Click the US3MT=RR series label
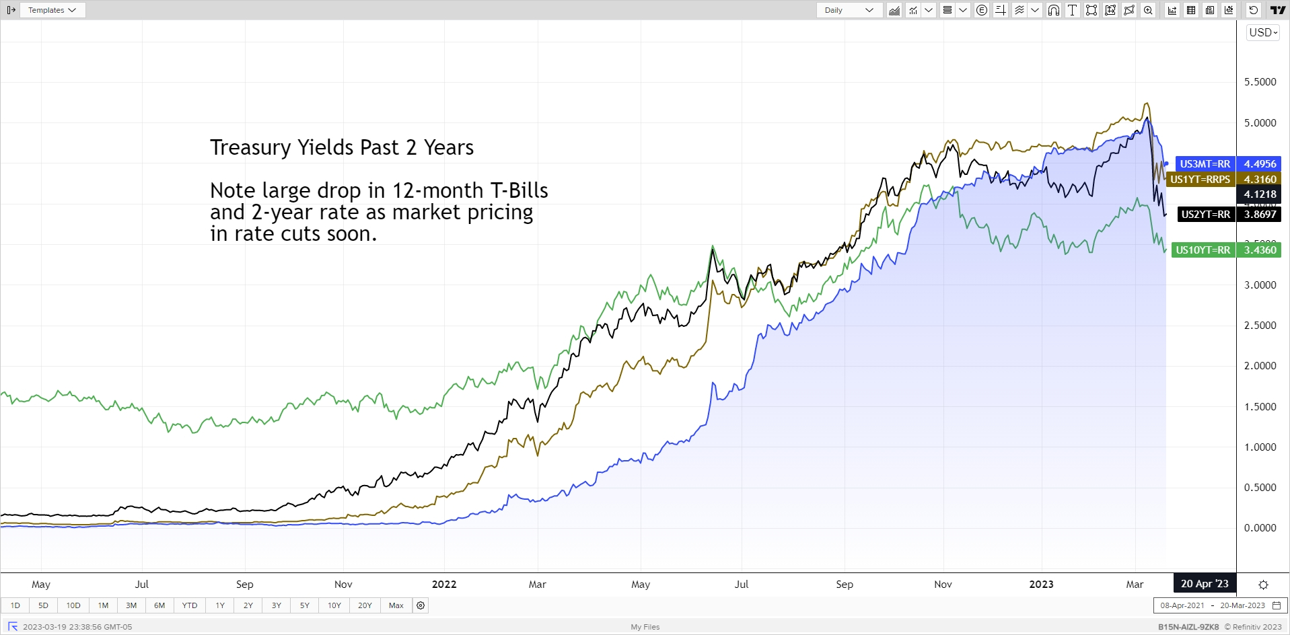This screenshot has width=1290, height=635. pos(1205,164)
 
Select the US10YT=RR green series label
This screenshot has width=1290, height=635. pos(1203,250)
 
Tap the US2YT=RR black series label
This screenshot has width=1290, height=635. pos(1205,215)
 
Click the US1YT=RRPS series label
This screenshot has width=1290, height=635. pos(1200,180)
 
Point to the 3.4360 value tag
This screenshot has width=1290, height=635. pos(1260,250)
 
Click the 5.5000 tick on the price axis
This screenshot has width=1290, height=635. pos(1260,82)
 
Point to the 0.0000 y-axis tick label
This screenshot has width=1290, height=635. pos(1260,528)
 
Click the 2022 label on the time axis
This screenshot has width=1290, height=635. pos(444,585)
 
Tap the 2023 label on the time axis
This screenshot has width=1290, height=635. pos(1041,585)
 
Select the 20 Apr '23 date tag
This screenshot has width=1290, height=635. pos(1205,584)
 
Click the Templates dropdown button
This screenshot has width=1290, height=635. pos(52,10)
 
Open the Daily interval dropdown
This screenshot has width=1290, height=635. pos(849,10)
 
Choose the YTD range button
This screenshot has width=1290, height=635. pos(190,605)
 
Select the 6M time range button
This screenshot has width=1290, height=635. pos(159,605)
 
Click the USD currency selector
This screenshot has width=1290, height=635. pos(1263,32)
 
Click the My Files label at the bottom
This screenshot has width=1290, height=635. pos(645,627)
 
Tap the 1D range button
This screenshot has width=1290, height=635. pos(15,605)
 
